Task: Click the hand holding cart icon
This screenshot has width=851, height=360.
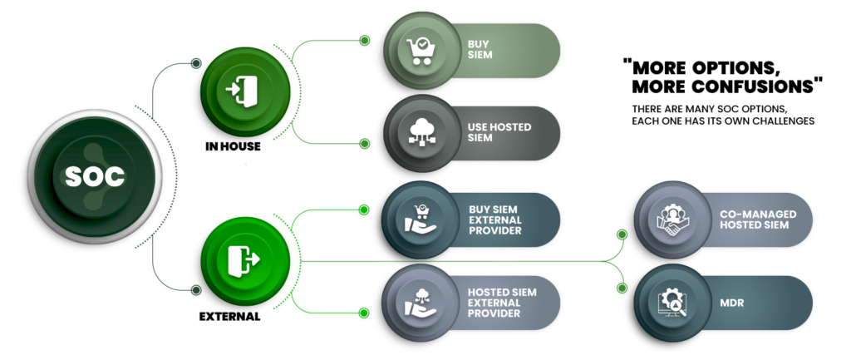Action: click(417, 219)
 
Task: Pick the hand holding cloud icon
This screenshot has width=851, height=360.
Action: click(417, 303)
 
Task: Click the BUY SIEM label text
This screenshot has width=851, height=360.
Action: click(480, 50)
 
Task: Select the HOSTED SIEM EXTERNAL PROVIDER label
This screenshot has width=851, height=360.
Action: click(501, 303)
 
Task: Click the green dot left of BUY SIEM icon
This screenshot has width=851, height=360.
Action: click(363, 40)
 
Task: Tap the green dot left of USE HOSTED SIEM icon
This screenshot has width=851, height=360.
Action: click(363, 143)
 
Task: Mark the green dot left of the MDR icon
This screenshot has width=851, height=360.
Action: click(621, 288)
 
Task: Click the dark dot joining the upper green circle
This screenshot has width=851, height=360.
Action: click(196, 63)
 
